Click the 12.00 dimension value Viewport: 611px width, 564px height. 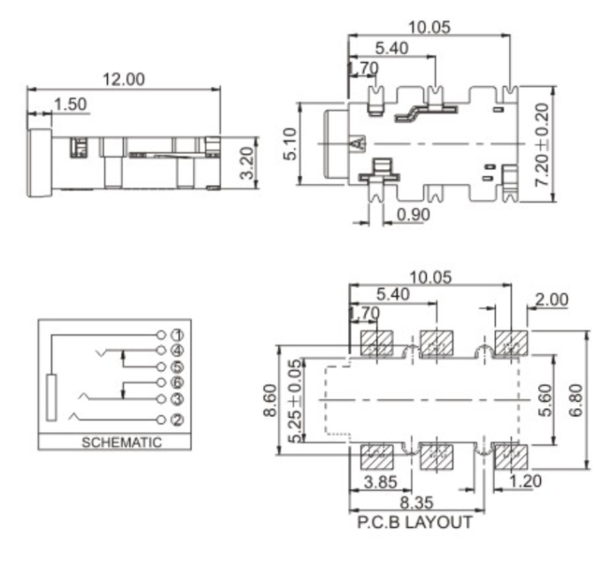pos(123,79)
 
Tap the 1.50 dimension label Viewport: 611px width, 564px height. pos(70,104)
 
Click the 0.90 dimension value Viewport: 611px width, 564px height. pos(414,213)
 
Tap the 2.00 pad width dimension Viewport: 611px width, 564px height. pos(552,299)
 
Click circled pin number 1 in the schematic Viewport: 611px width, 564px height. pos(176,336)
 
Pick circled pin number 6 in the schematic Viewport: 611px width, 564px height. pos(176,382)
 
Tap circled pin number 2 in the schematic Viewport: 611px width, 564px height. pos(176,419)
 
